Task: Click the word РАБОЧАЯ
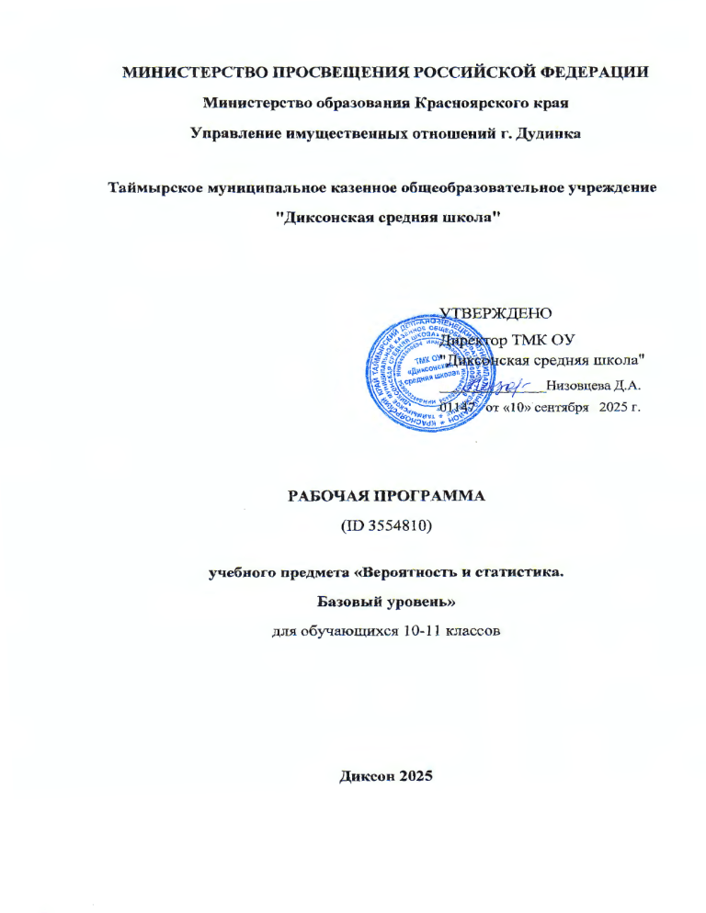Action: pyautogui.click(x=336, y=496)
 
